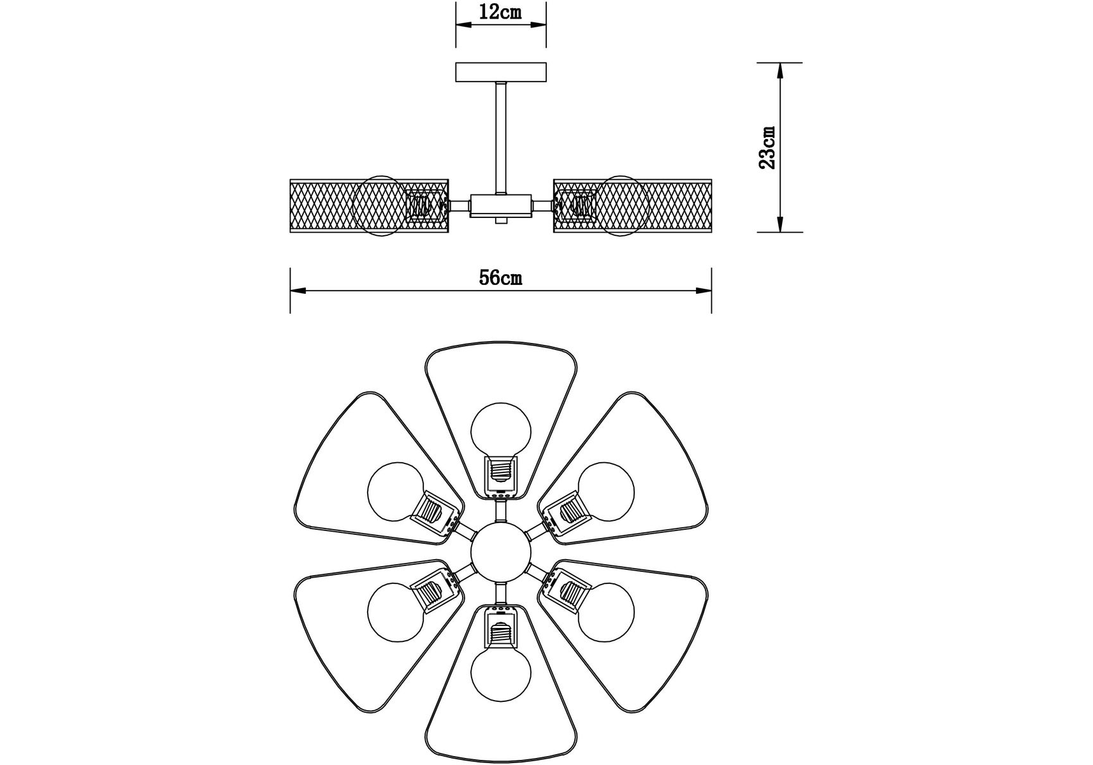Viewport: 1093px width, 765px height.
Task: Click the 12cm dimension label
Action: point(501,12)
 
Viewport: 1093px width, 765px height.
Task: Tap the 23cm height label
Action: point(768,147)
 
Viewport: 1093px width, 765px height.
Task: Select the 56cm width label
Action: point(501,278)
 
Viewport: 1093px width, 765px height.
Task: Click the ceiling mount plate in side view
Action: point(501,72)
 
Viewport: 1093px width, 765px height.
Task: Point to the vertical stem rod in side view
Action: point(501,138)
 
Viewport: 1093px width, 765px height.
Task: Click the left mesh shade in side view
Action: point(369,206)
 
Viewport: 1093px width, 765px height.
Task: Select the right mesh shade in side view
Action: point(633,206)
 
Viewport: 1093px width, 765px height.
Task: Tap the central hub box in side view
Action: point(501,205)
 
